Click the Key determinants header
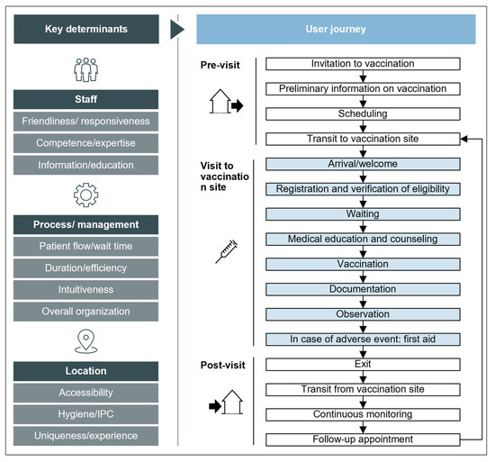[85, 29]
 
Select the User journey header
[337, 29]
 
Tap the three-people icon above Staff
[85, 69]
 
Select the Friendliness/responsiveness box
[85, 122]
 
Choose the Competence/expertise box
[85, 143]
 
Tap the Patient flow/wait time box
[85, 247]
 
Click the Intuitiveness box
[85, 290]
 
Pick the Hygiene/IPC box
[85, 414]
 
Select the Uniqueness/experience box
[85, 436]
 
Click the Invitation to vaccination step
[364, 64]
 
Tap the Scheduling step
[364, 113]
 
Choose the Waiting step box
[364, 213]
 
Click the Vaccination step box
[364, 264]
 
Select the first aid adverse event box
[364, 339]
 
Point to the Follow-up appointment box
[364, 439]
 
